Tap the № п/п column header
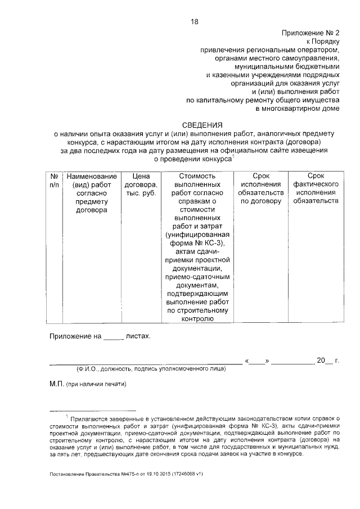(x=54, y=180)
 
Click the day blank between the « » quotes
(x=258, y=361)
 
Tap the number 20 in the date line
(x=321, y=359)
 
